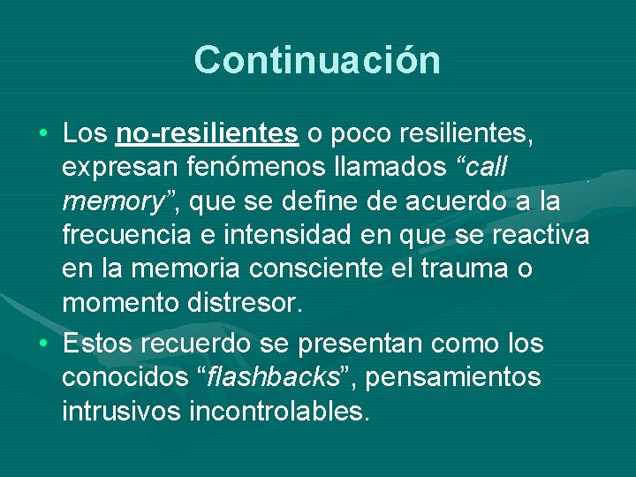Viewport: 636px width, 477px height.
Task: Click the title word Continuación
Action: pos(317,60)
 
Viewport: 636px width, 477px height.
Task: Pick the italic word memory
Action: pos(110,202)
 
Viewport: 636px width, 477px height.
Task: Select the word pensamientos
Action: pos(453,376)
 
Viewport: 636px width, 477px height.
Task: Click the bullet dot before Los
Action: pos(43,134)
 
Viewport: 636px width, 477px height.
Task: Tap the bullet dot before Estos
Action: pos(43,342)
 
